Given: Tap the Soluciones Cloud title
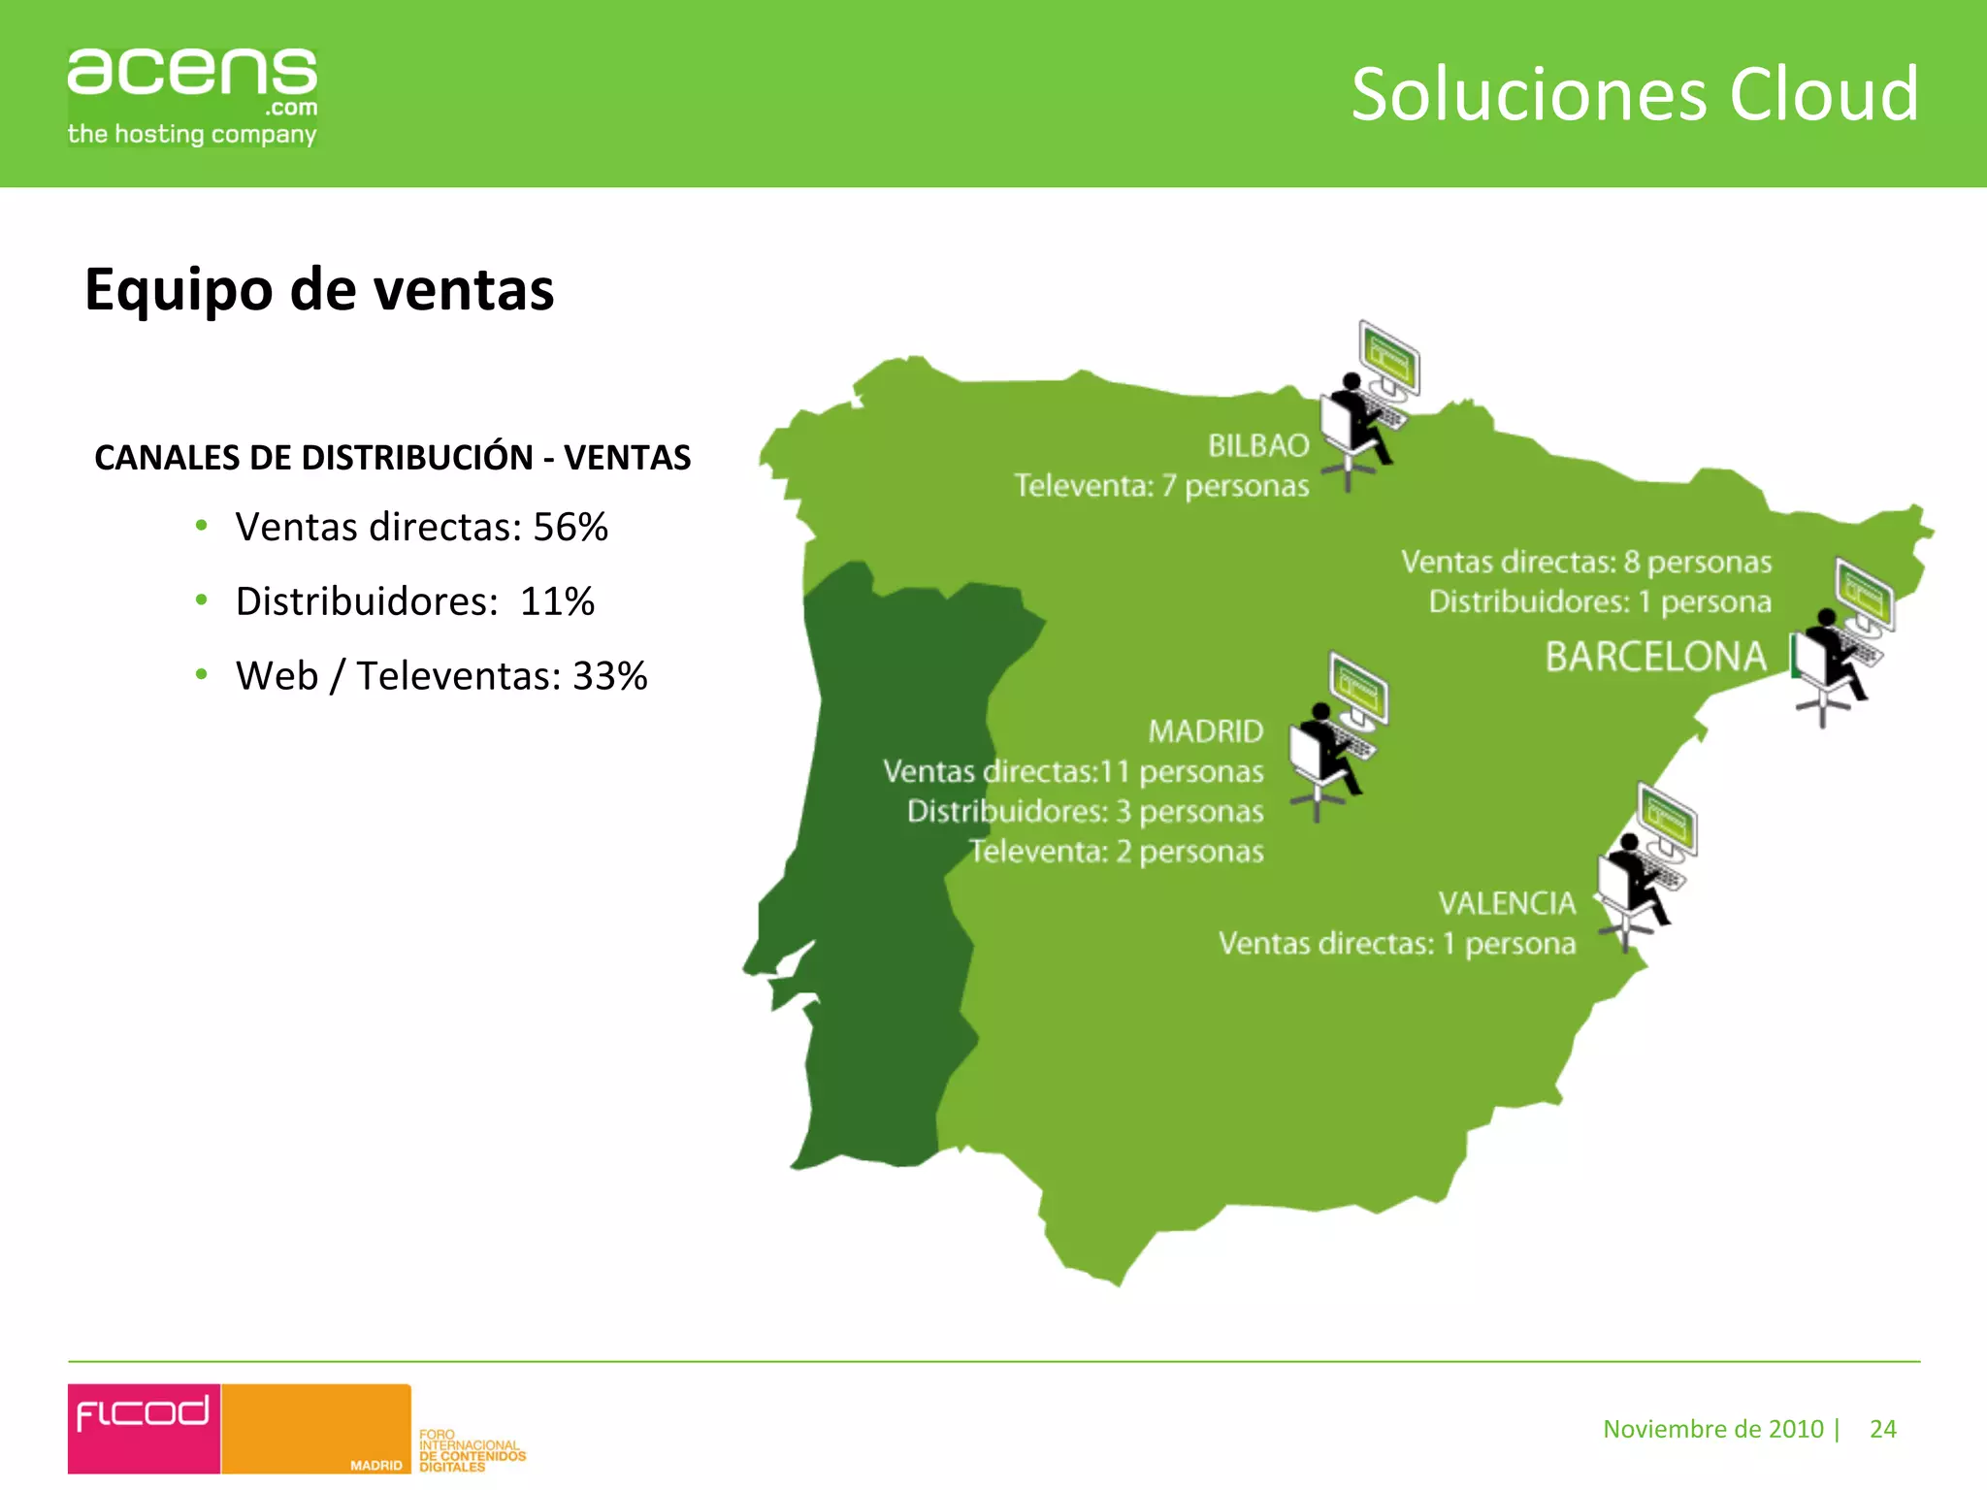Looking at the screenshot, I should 1635,94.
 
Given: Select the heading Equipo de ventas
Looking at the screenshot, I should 319,289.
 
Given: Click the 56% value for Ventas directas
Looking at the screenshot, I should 570,528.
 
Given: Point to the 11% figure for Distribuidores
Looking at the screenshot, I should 557,601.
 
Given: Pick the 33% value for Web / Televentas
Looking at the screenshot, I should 610,676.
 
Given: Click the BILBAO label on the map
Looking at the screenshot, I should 1258,445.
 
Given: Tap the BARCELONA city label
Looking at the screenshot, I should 1655,657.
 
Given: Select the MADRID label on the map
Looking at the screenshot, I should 1206,731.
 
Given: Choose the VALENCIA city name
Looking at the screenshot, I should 1507,903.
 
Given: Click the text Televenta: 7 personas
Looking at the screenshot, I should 1161,485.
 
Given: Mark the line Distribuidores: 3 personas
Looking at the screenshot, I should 1085,811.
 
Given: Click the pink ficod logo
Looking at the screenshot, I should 144,1427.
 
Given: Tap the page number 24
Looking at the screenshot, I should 1882,1429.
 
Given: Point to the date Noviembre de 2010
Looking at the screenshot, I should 1713,1429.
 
